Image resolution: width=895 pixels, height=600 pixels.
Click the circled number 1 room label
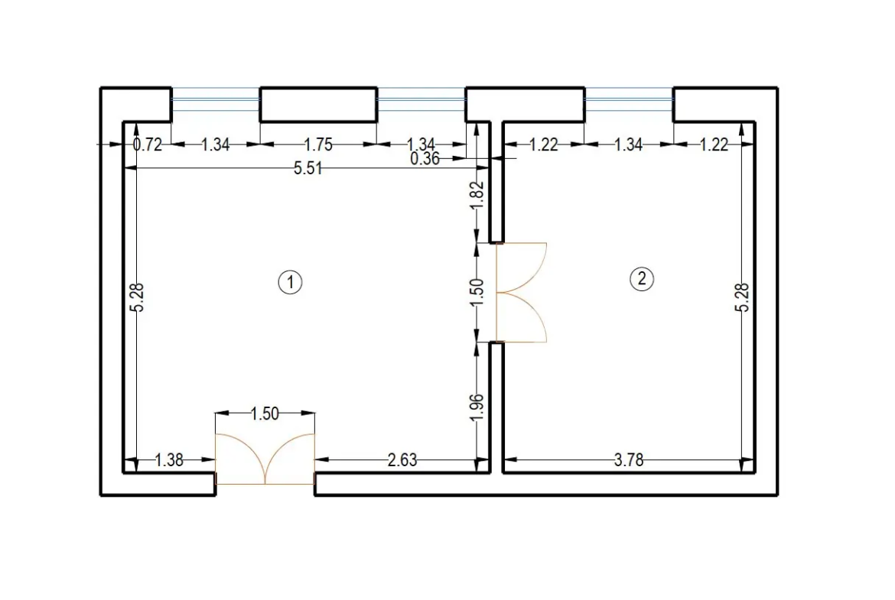290,282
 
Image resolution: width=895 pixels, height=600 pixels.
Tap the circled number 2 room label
642,279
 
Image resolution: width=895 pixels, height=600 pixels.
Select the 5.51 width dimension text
308,168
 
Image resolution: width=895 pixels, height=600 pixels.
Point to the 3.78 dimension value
629,459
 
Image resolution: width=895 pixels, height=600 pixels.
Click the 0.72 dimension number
148,144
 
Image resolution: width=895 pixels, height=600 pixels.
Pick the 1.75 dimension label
318,144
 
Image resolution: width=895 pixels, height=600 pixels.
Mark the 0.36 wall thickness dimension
425,158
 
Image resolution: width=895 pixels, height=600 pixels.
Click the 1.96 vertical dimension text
478,408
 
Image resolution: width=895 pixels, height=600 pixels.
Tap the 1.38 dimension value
169,459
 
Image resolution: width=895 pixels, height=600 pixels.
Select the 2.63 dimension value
402,459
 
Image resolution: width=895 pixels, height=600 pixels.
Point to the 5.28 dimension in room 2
744,297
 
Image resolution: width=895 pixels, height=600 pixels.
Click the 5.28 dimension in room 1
138,297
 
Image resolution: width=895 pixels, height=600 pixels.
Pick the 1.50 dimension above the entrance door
265,414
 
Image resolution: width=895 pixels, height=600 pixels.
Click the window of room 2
629,100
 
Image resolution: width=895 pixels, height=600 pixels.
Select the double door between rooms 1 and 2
521,293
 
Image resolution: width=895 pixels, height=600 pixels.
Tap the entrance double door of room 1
265,459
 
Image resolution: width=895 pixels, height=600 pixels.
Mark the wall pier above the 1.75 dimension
318,105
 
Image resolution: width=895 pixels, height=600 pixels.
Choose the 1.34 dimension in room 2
629,144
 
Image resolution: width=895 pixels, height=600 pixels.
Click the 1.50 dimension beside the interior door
478,292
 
